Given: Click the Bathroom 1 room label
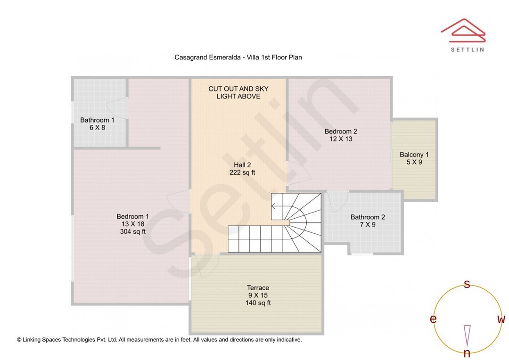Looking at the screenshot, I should click(97, 120).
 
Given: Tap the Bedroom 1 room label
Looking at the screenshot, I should click(133, 216).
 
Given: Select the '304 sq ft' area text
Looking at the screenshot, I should click(133, 231).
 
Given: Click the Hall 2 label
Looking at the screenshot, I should click(242, 165).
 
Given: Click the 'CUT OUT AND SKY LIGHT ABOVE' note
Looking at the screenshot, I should click(238, 92).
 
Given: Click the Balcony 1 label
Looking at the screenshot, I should click(414, 155).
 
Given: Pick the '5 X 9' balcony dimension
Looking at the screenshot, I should click(414, 162).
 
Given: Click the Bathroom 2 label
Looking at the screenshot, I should click(368, 217).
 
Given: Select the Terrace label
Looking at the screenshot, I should click(258, 288).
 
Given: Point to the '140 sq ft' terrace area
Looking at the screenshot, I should click(258, 303).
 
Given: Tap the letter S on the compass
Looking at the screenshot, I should click(467, 284).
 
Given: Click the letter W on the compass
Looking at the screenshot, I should click(501, 319).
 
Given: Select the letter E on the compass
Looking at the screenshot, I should click(433, 319).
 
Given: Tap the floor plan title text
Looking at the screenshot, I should click(238, 57).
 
